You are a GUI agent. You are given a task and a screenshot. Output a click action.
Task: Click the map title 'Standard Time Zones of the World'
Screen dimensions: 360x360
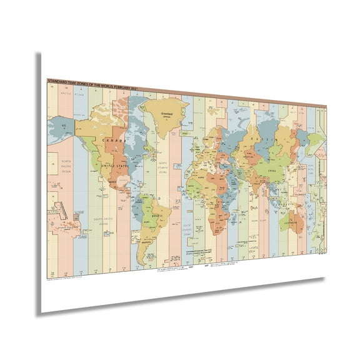pyautogui.click(x=92, y=81)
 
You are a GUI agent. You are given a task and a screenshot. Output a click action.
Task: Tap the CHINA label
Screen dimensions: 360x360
pyautogui.click(x=271, y=169)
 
